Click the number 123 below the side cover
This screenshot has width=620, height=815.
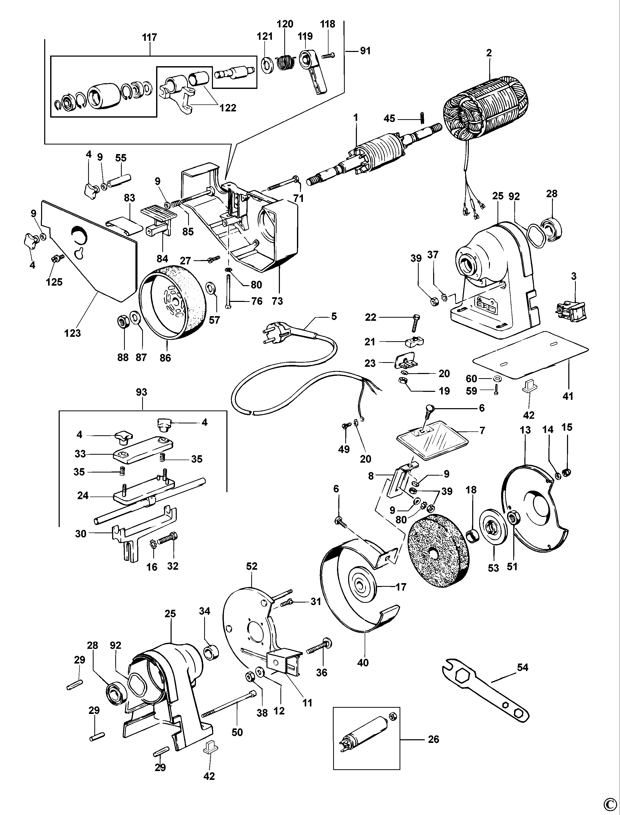pos(72,333)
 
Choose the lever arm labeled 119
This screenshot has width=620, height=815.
pos(313,70)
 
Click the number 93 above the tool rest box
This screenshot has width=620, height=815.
pos(141,392)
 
